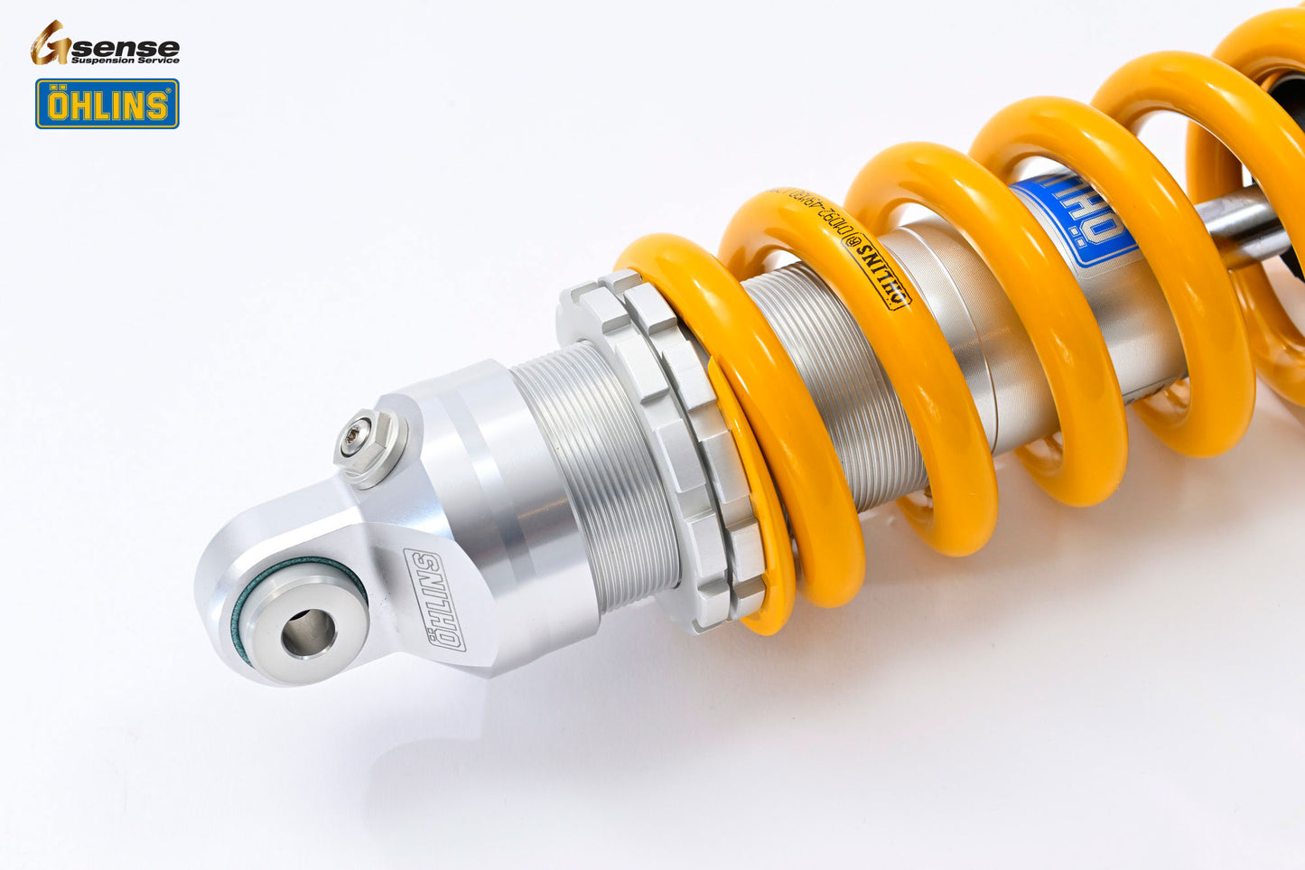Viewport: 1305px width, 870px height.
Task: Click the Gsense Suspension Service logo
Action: [105, 43]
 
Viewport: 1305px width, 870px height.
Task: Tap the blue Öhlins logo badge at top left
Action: [107, 104]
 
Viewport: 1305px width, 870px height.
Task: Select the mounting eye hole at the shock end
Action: [308, 632]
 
